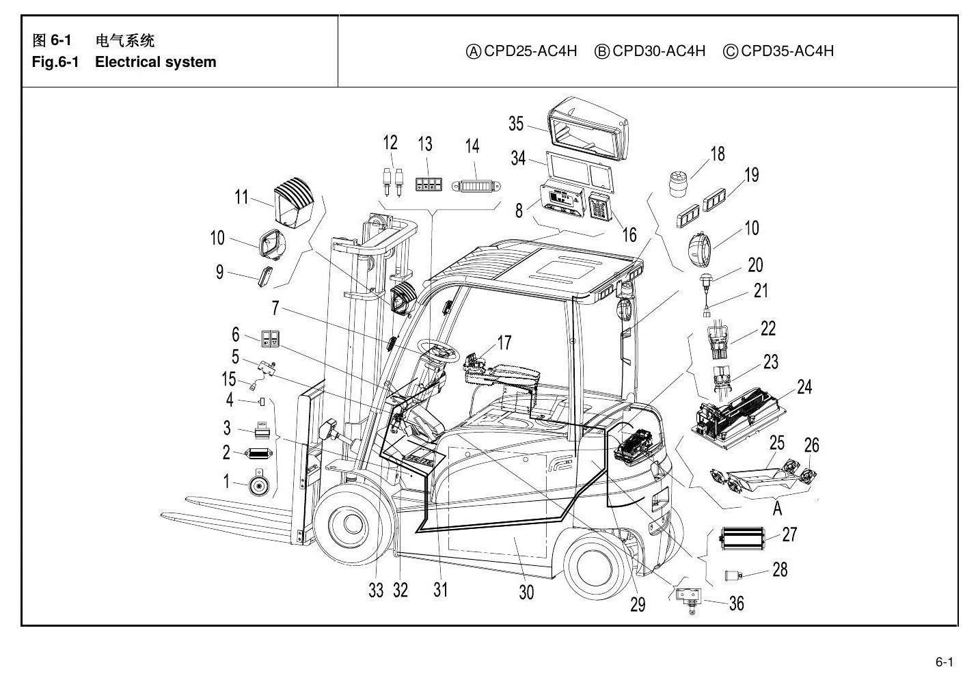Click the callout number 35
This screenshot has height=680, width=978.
(x=515, y=124)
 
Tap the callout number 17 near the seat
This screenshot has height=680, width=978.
(x=504, y=342)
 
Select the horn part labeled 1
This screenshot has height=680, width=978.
(x=258, y=482)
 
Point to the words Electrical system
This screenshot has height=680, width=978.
(x=155, y=62)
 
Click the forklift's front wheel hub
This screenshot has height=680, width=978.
(x=348, y=524)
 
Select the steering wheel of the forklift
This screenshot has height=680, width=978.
(x=438, y=351)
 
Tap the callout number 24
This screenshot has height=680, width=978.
(x=804, y=387)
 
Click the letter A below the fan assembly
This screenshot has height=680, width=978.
(x=777, y=508)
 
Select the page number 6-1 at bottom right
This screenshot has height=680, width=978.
(x=944, y=662)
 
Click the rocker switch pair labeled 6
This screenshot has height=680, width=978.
(x=270, y=339)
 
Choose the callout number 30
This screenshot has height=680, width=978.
(x=526, y=593)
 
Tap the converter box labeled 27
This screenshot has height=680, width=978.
(x=742, y=539)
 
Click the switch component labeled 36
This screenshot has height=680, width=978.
(x=688, y=599)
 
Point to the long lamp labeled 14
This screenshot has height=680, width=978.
(x=476, y=187)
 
